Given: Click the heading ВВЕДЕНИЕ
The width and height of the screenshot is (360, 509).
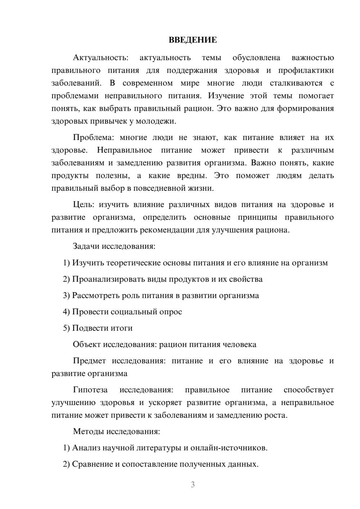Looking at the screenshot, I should pyautogui.click(x=193, y=40).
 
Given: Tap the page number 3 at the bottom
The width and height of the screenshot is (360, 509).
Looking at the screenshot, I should pyautogui.click(x=193, y=485).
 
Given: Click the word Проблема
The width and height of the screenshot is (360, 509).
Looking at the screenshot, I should pyautogui.click(x=94, y=138).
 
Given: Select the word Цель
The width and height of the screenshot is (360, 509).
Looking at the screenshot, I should pyautogui.click(x=84, y=205).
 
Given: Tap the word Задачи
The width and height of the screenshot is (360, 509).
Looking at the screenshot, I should pyautogui.click(x=86, y=247).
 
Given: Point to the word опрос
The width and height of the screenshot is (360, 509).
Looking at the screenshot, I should pyautogui.click(x=170, y=312).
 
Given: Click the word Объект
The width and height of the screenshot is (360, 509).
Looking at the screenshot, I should pyautogui.click(x=87, y=344).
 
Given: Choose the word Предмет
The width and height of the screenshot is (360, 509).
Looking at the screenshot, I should pyautogui.click(x=89, y=361).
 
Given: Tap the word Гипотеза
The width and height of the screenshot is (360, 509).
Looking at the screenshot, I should pyautogui.click(x=90, y=390).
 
